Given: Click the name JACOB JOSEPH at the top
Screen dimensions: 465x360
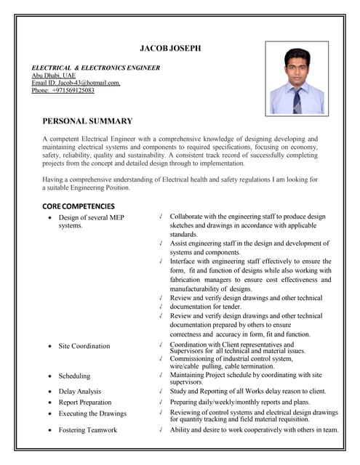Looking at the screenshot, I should point(170,48).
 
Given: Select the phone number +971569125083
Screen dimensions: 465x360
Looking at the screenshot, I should point(63,91).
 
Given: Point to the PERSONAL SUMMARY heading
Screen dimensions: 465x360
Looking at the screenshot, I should point(87,121).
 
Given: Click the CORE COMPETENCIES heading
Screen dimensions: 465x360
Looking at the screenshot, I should point(79,206).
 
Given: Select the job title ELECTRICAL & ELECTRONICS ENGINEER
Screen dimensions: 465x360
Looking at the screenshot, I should point(95,68).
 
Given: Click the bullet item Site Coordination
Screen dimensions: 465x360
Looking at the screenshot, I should point(84,346).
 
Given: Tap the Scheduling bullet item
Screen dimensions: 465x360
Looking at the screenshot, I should point(74,376).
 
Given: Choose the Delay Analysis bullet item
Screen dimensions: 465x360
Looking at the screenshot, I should point(80,391).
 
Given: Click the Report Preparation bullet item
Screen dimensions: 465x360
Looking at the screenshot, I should point(85,402).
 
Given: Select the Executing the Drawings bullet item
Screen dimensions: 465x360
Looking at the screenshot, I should point(92,413).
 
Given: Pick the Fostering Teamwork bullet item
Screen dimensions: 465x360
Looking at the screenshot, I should point(87,430).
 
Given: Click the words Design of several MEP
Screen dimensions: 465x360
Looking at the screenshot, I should point(92,217).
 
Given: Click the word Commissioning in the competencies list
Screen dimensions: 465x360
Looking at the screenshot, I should point(192,358).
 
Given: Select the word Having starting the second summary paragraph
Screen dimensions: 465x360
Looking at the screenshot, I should point(55,179).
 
